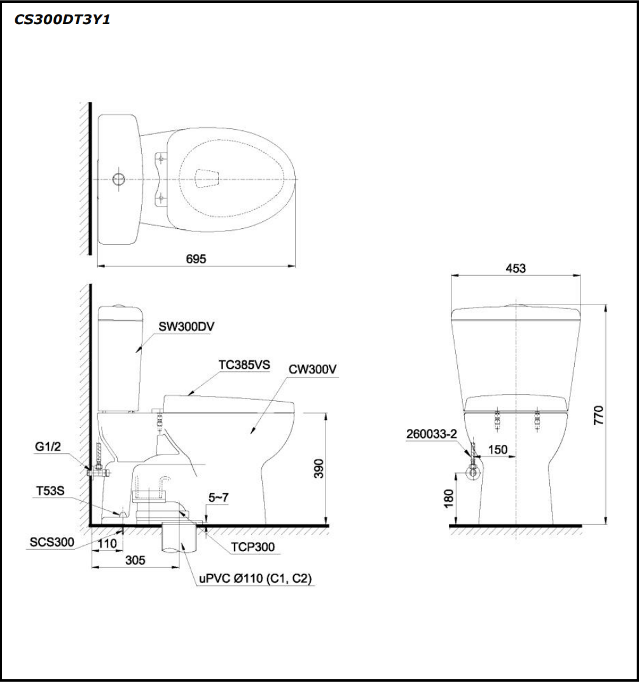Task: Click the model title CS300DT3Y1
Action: (62, 20)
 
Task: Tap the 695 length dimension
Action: (196, 259)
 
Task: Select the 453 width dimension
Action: (516, 268)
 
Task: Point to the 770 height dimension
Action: (598, 415)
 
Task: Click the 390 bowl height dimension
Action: (319, 468)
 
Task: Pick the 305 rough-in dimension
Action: (135, 560)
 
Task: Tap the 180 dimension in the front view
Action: (448, 498)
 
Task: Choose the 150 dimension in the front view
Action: (498, 449)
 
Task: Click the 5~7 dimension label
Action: (218, 498)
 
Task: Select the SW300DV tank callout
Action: (186, 327)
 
